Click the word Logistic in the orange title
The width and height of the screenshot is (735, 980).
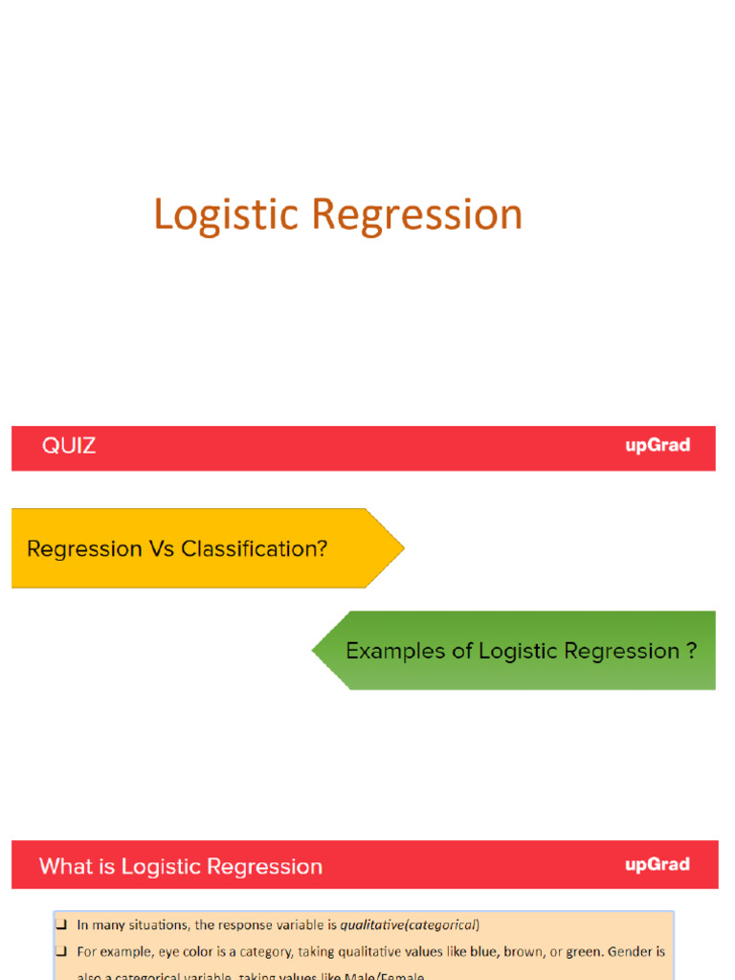click(x=227, y=215)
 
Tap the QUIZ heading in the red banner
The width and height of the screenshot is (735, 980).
click(x=69, y=446)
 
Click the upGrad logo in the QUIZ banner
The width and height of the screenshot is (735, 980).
click(x=657, y=446)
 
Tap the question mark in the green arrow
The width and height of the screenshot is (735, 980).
click(x=691, y=651)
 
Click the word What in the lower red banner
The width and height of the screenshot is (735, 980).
click(x=64, y=867)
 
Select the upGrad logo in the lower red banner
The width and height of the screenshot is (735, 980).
click(x=657, y=865)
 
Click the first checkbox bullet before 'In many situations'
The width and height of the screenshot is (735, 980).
click(x=60, y=925)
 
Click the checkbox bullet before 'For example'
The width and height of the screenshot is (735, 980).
click(x=60, y=953)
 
